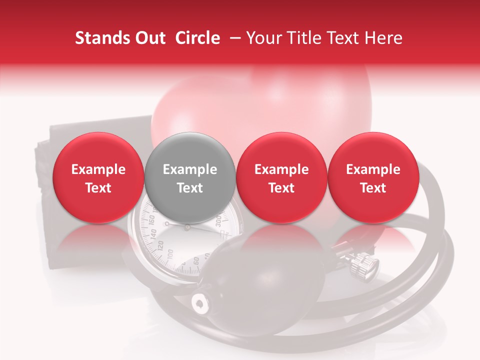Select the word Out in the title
[151, 38]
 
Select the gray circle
[190, 178]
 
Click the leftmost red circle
[98, 178]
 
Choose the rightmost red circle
[373, 178]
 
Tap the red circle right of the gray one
[281, 178]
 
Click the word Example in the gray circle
[190, 169]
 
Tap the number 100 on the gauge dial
[170, 254]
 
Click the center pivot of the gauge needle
[187, 227]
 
